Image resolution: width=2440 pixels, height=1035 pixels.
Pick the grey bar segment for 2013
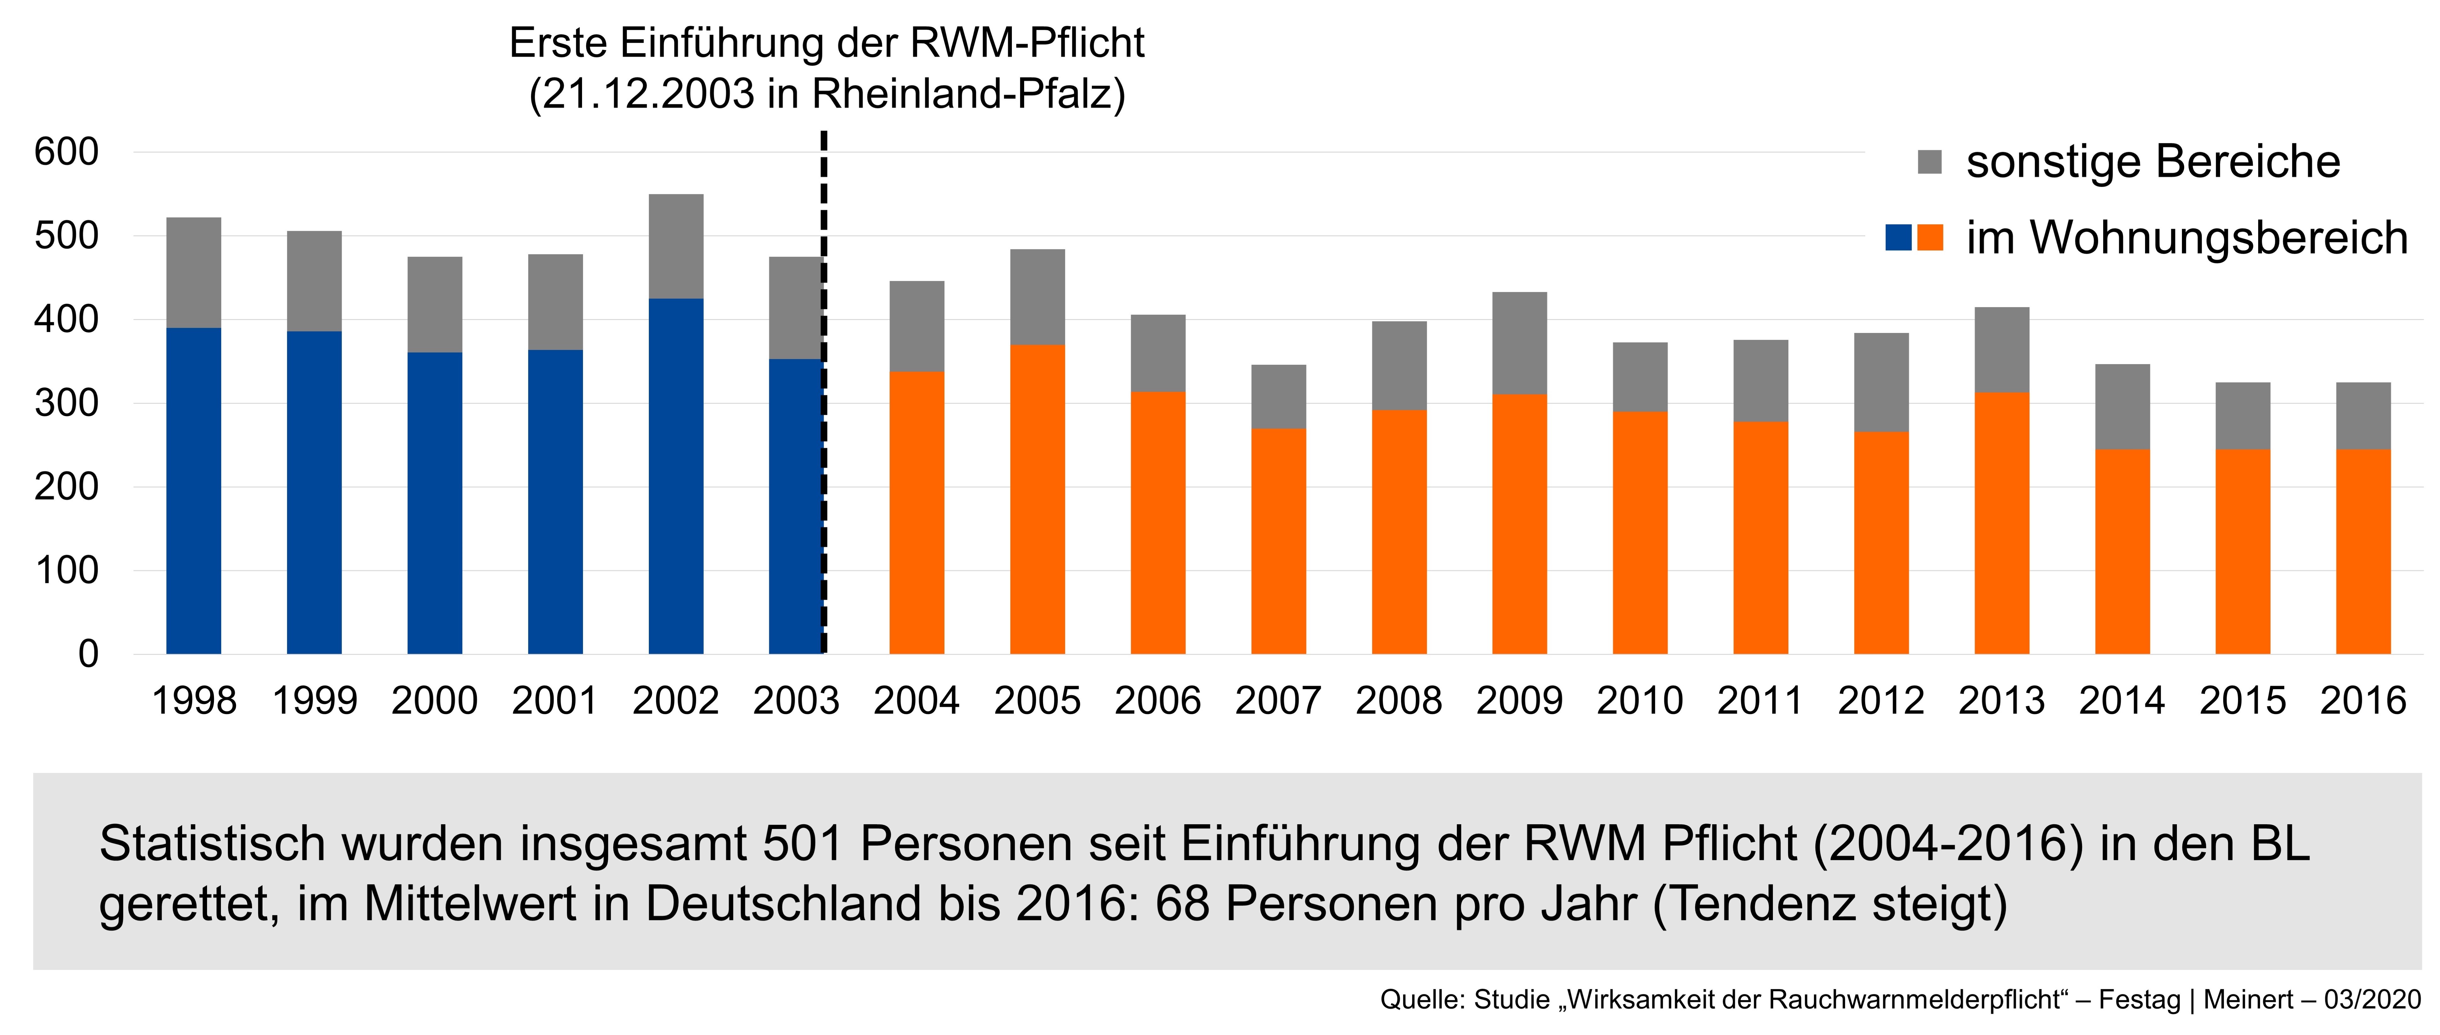click(x=2001, y=349)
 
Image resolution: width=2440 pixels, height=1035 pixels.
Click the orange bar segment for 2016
click(x=2363, y=551)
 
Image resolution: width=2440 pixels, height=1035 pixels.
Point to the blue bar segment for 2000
click(x=435, y=503)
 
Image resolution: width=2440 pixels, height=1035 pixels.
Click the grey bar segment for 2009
click(x=1519, y=343)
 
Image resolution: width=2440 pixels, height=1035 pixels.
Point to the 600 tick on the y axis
click(x=66, y=152)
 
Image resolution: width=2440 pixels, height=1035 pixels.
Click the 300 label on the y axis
click(x=66, y=403)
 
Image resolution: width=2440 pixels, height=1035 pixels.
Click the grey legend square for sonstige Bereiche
click(x=1930, y=162)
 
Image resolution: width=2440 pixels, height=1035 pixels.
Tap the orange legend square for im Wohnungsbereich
click(x=1930, y=238)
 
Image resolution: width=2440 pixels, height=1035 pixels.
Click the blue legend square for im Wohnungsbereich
click(x=1898, y=238)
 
